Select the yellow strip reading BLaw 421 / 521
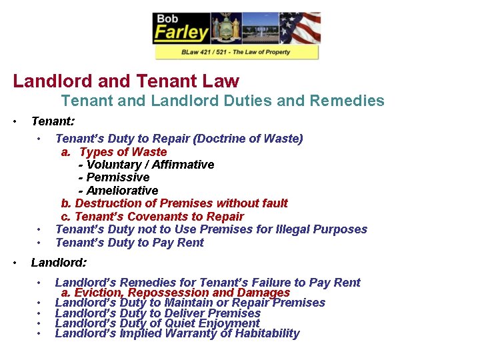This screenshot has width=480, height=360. point(237,52)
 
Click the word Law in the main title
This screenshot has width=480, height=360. point(221,81)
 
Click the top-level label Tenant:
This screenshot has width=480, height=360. point(53,121)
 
